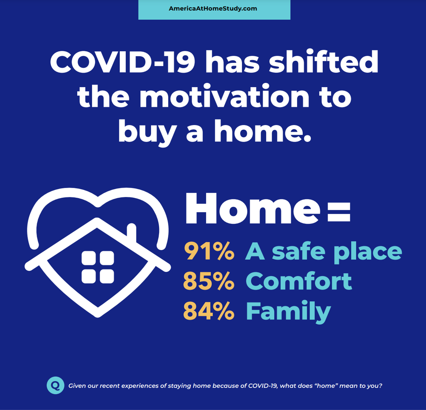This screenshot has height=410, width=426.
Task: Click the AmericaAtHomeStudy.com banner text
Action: click(213, 9)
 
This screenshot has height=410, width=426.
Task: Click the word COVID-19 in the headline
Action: click(122, 62)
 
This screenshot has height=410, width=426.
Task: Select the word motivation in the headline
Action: click(224, 96)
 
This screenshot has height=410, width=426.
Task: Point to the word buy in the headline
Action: click(148, 132)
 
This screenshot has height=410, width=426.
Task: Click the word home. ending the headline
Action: click(262, 131)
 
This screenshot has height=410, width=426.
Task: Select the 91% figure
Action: click(209, 251)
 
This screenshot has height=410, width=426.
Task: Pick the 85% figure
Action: click(209, 281)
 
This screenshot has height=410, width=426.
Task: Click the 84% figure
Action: click(209, 311)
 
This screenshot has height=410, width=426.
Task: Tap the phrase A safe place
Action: click(324, 252)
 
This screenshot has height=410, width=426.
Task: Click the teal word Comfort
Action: click(299, 281)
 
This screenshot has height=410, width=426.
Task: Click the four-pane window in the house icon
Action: click(98, 267)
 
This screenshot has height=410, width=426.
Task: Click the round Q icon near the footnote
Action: click(55, 385)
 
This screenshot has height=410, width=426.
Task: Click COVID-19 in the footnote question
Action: click(263, 386)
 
